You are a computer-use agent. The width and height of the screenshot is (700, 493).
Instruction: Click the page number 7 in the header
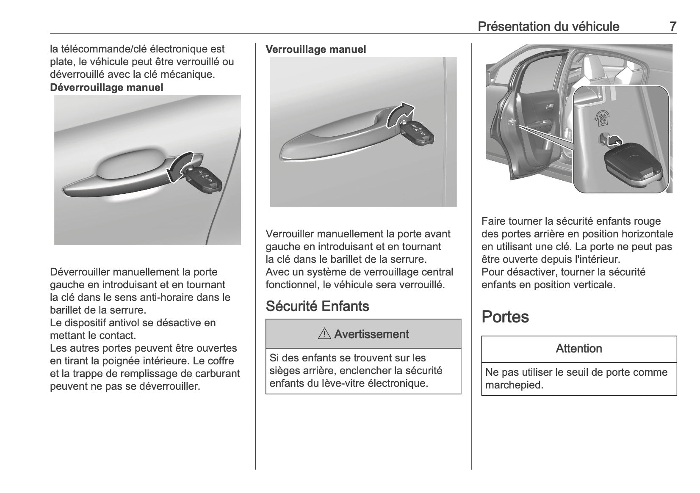[672, 26]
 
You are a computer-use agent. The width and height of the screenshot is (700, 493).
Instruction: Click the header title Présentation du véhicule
[548, 27]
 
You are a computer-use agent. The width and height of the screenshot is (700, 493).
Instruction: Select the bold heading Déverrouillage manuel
[106, 88]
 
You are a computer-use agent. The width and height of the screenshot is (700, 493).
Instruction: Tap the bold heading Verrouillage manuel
[315, 50]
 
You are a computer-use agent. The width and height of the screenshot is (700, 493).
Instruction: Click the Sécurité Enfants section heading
[317, 306]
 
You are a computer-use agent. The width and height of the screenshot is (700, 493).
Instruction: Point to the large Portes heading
[505, 317]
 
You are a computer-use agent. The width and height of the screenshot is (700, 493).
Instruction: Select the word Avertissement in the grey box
[371, 334]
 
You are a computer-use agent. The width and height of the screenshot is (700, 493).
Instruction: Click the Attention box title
[578, 349]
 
